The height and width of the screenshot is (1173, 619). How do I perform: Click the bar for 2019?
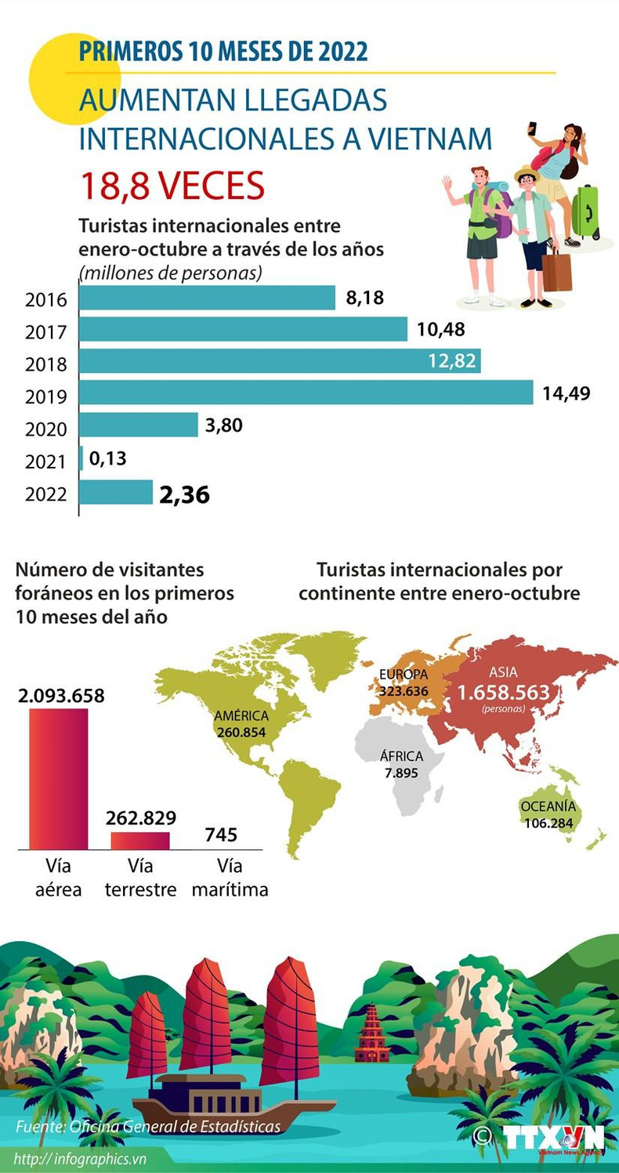306,393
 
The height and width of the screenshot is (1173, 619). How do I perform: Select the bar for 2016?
208,298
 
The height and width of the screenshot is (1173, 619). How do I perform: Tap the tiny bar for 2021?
81,458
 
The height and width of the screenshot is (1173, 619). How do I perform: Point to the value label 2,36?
184,495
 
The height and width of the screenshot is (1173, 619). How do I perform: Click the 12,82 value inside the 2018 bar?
453,361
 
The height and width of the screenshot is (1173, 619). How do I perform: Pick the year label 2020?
46,429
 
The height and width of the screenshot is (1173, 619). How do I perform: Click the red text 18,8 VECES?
172,186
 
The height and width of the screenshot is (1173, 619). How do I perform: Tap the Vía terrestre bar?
140,840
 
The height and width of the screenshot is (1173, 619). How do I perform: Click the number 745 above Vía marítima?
221,834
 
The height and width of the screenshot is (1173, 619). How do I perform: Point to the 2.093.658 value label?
61,696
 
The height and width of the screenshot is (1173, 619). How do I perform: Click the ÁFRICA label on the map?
401,757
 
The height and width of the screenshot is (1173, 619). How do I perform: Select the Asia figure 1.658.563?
503,693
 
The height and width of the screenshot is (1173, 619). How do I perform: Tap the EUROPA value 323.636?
404,691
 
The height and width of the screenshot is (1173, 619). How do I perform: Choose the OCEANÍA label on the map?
548,806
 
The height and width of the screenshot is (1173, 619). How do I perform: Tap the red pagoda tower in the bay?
372,1034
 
